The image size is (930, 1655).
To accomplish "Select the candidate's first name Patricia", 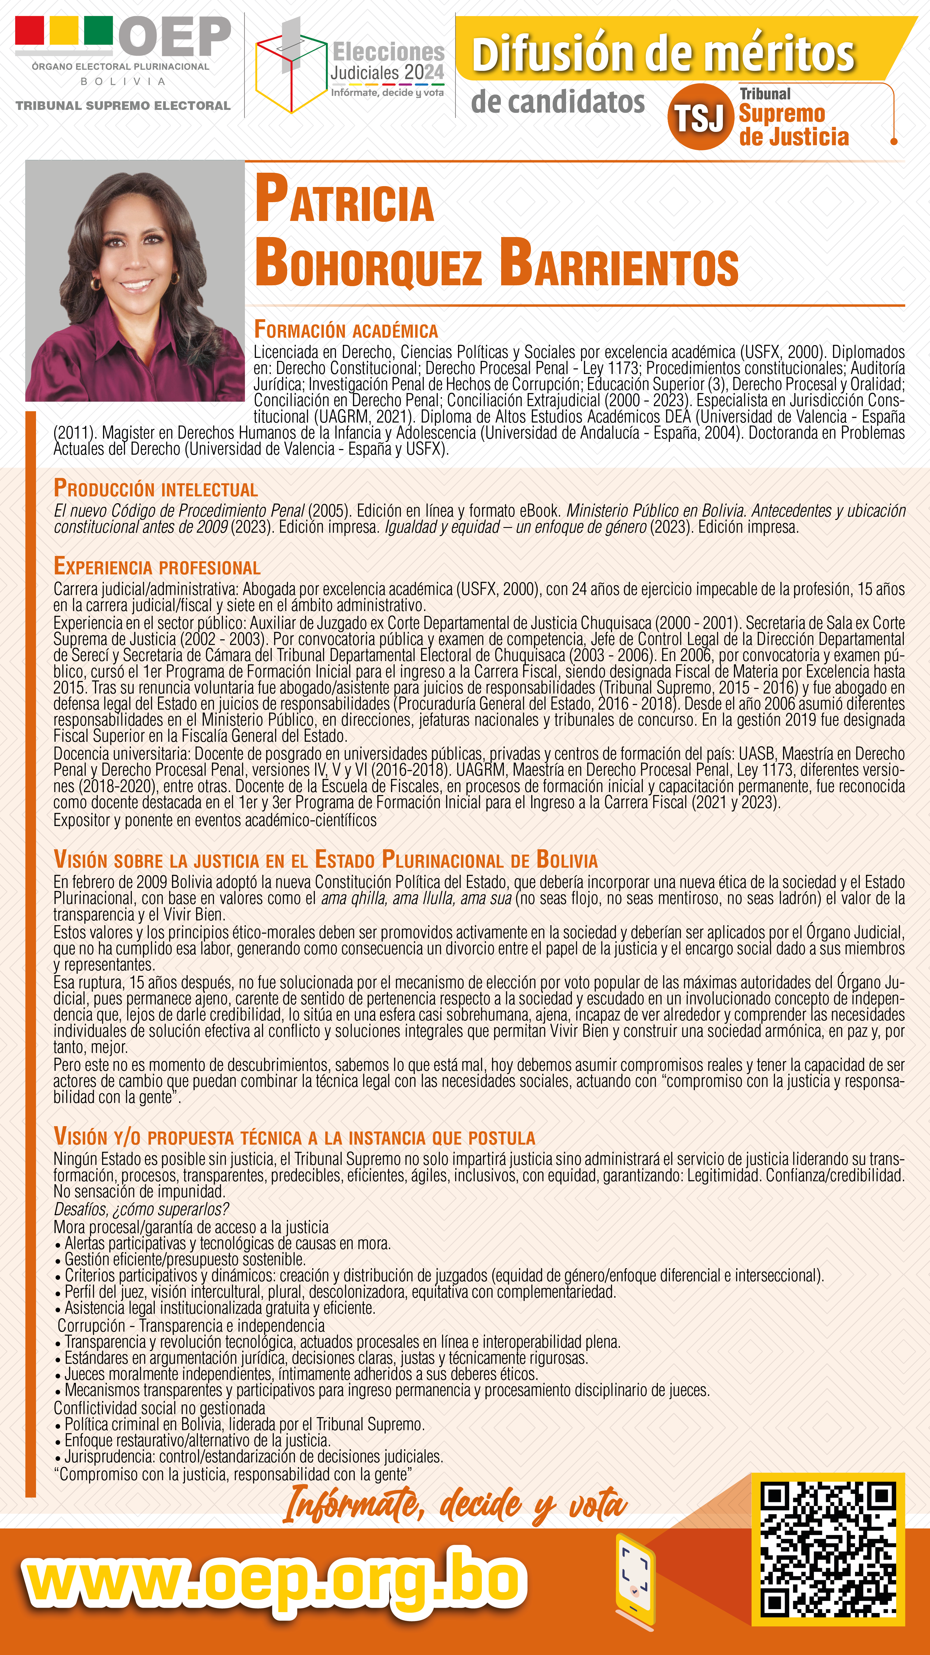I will (x=345, y=199).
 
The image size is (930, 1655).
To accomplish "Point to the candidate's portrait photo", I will (x=135, y=281).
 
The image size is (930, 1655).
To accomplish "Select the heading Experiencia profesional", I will (x=157, y=567).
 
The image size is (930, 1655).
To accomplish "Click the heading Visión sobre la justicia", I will (x=325, y=860).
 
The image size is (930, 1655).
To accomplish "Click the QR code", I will (x=828, y=1548).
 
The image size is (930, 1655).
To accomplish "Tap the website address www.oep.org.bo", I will (x=275, y=1582).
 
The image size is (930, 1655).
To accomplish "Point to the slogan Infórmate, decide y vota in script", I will (x=455, y=1505).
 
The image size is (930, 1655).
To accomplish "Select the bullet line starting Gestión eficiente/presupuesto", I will (x=185, y=1259).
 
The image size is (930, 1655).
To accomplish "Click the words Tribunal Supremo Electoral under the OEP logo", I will (x=123, y=105).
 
